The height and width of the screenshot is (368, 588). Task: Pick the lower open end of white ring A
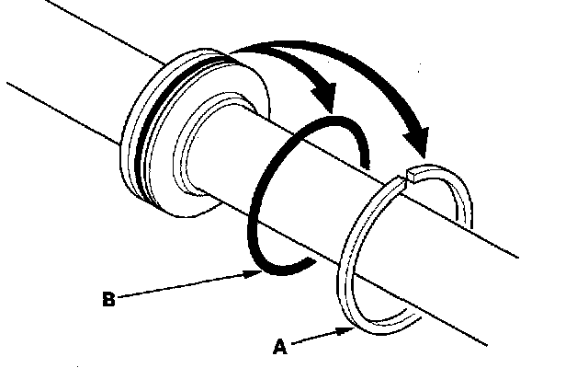tap(410, 316)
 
